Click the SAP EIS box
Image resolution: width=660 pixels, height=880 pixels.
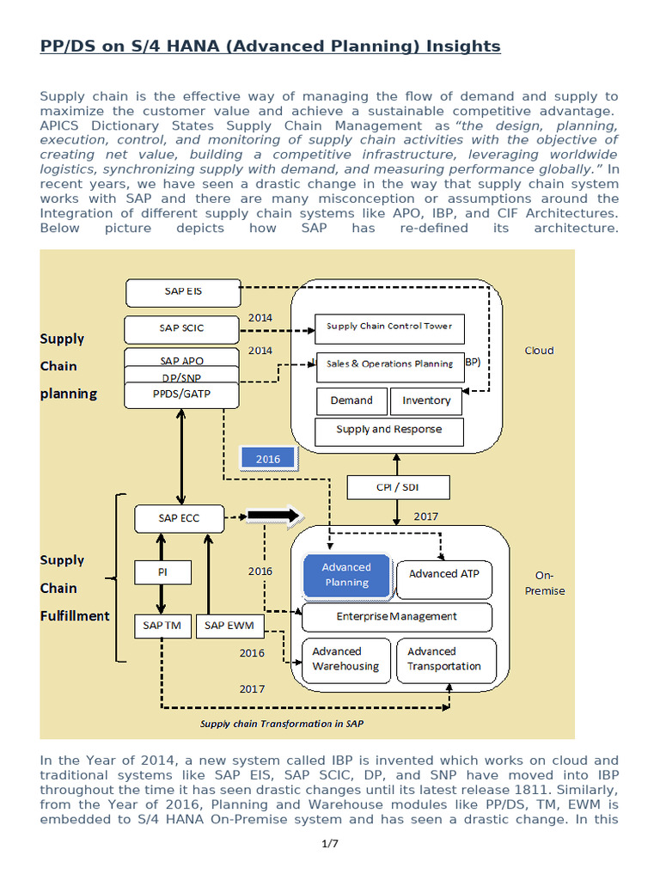click(183, 292)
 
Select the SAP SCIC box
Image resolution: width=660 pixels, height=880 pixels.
click(181, 328)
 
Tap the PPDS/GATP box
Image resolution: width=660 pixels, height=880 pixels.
click(181, 395)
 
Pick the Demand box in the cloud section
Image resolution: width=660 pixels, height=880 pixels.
click(351, 400)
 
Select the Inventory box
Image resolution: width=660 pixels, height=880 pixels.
click(426, 400)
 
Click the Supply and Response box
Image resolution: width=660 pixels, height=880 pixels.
click(388, 430)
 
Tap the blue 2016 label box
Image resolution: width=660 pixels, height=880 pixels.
click(268, 459)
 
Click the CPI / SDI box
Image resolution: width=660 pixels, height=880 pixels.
click(397, 488)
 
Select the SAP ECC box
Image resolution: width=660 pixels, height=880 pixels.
click(180, 518)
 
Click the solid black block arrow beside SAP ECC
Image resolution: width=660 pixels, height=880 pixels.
click(274, 516)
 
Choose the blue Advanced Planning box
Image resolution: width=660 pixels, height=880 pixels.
click(346, 575)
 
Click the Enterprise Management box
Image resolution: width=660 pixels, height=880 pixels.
click(396, 616)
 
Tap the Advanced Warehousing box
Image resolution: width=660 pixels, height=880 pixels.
click(345, 659)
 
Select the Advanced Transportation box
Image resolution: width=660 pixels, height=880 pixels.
click(444, 659)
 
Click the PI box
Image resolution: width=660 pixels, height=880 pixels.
click(162, 571)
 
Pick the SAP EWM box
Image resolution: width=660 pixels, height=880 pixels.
click(229, 626)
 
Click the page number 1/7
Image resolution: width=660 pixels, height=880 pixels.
click(330, 843)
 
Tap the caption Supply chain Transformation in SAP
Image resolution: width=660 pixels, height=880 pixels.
click(282, 724)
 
